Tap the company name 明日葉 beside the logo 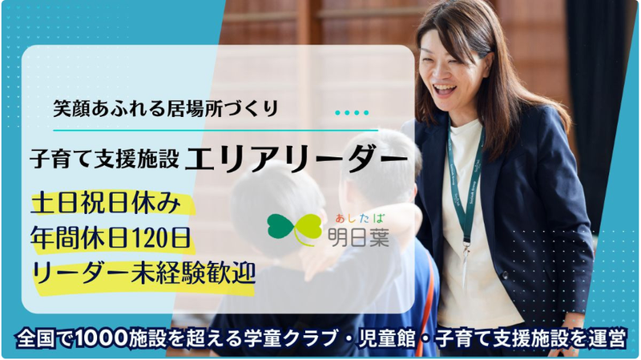pyautogui.click(x=358, y=237)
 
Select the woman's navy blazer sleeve pyautogui.click(x=561, y=241)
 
